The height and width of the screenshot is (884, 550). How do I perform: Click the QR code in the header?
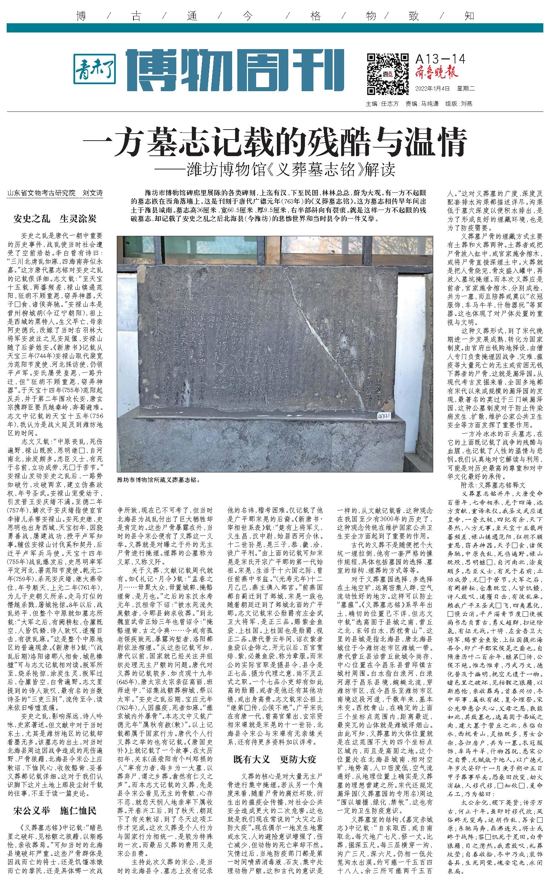pyautogui.click(x=387, y=73)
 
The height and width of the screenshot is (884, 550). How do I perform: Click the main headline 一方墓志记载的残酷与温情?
pyautogui.click(x=275, y=142)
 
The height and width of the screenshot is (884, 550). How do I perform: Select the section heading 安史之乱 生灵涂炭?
pyautogui.click(x=55, y=219)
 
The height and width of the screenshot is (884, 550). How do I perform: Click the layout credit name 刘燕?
pyautogui.click(x=466, y=104)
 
